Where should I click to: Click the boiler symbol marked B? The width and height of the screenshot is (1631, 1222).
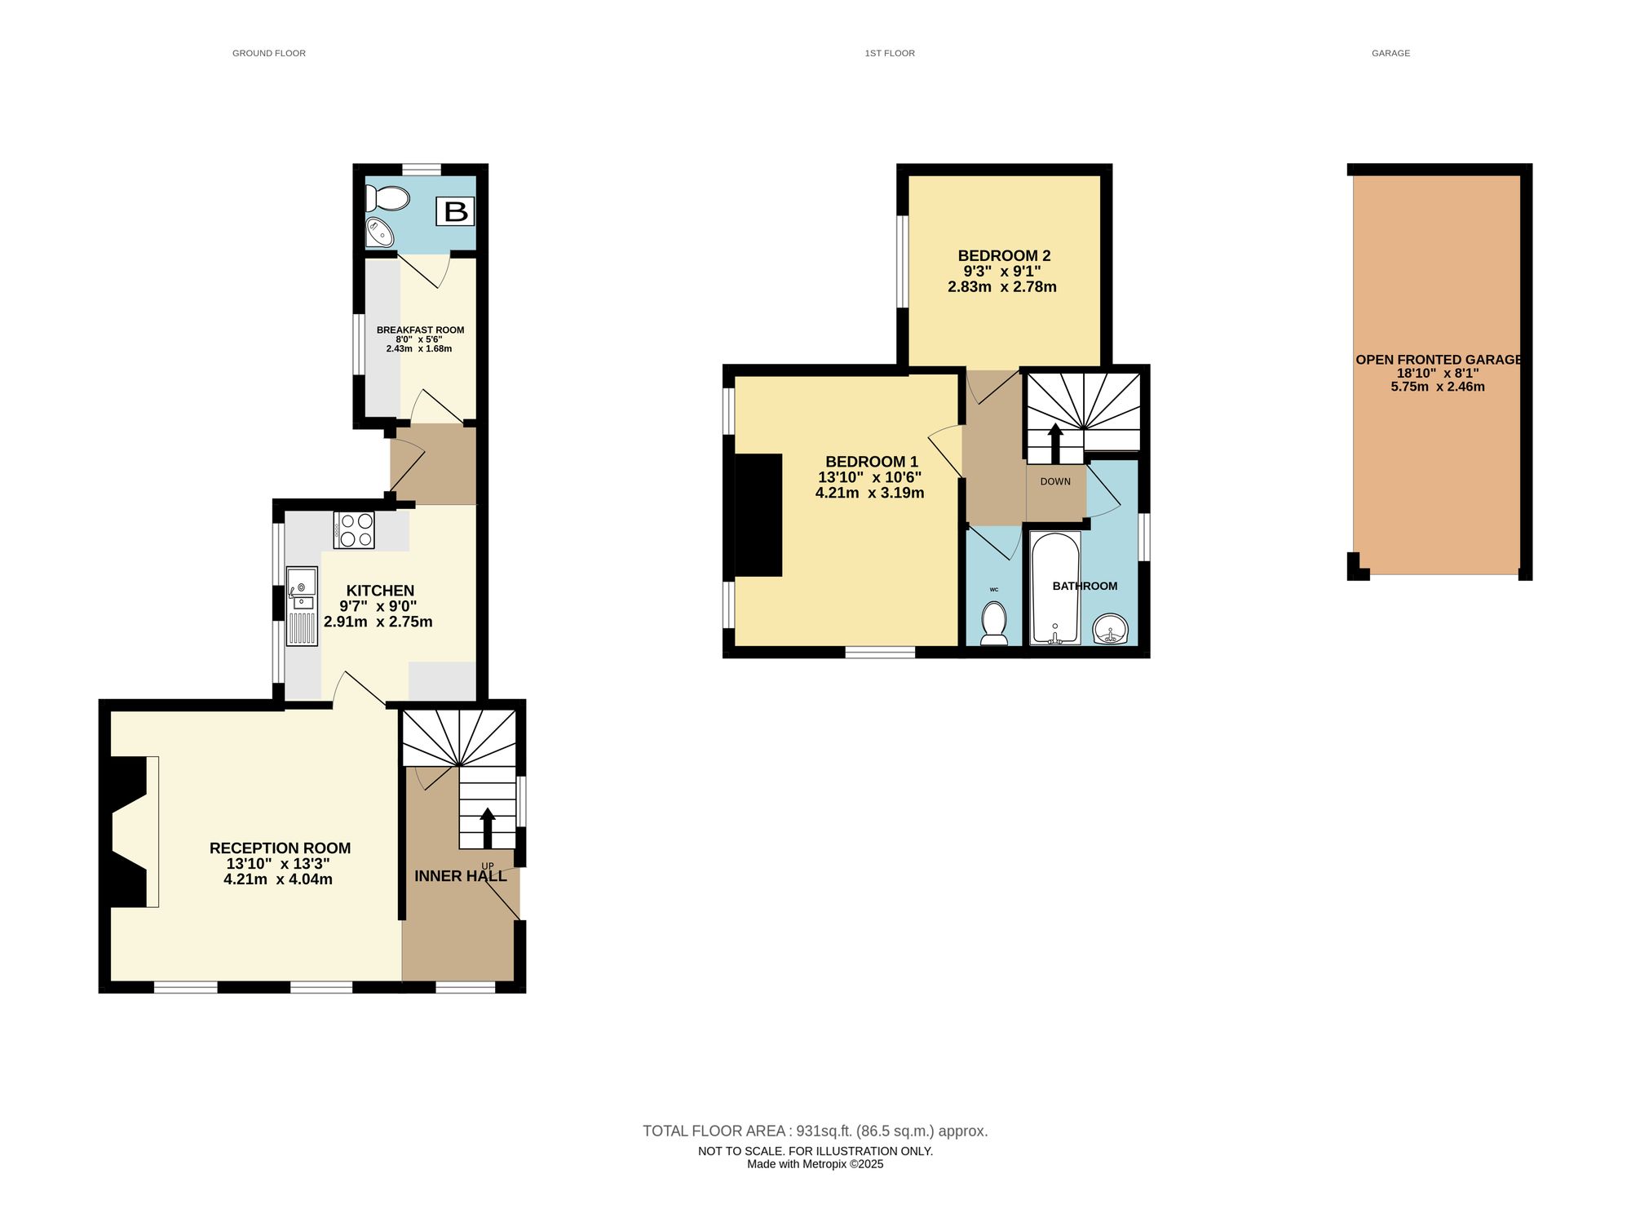[455, 211]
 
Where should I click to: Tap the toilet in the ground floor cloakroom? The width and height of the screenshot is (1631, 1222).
[387, 198]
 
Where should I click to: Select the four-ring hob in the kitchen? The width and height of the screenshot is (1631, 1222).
[354, 529]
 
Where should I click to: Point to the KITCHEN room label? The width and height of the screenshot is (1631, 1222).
[380, 591]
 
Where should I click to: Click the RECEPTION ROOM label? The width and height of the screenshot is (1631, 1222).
[280, 848]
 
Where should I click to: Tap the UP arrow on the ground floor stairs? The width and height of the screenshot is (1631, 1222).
[488, 828]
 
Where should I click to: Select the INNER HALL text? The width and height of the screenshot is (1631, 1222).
[461, 876]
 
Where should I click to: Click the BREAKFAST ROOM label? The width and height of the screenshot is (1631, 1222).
[420, 330]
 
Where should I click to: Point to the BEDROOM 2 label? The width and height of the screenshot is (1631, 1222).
[1004, 256]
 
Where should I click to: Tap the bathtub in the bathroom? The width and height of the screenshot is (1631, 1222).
[1055, 587]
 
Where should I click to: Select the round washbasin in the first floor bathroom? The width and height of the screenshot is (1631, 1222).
[1111, 629]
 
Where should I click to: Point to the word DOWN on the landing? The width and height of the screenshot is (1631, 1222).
[1055, 481]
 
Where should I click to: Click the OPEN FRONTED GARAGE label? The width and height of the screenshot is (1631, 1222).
[1439, 360]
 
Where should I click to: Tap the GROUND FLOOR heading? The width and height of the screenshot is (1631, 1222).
[269, 53]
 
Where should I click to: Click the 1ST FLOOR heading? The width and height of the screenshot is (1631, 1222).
[890, 53]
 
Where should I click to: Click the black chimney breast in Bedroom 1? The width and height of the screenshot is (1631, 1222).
[758, 515]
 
